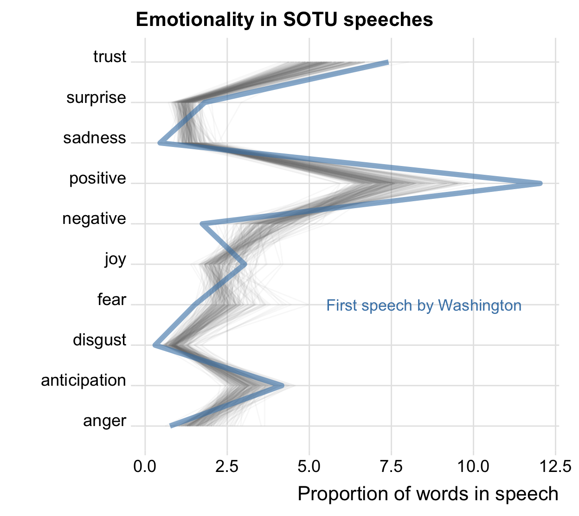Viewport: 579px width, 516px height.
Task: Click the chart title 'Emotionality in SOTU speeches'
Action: [x=284, y=19]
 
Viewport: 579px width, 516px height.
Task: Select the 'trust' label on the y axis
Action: [x=109, y=57]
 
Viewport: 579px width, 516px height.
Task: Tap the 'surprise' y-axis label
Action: [x=96, y=97]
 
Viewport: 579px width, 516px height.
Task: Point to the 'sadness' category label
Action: [x=95, y=138]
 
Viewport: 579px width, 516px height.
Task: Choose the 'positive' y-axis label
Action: [x=97, y=178]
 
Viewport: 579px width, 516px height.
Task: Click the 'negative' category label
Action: [x=94, y=218]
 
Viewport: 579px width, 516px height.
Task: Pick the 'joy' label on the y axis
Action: [x=115, y=259]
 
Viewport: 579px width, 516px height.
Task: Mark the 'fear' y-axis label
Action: [x=111, y=299]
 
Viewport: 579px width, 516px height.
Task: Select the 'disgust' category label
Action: [x=99, y=340]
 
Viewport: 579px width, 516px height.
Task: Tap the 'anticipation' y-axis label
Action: [x=84, y=380]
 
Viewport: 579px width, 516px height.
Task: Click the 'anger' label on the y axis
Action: [x=104, y=421]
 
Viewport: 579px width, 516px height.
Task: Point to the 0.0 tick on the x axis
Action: [x=145, y=466]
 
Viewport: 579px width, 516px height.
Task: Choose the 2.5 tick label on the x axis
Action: [x=227, y=466]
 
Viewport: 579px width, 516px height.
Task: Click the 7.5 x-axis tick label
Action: [x=391, y=466]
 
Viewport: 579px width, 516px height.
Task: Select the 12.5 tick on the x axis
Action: [x=555, y=466]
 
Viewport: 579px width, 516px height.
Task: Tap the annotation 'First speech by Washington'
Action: [x=424, y=306]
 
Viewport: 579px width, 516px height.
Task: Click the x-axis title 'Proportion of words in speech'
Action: [x=428, y=494]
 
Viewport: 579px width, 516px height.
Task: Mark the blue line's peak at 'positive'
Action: [x=540, y=184]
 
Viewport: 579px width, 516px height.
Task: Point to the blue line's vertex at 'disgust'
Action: [x=154, y=345]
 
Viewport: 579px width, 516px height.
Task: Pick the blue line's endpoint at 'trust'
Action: [x=388, y=62]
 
